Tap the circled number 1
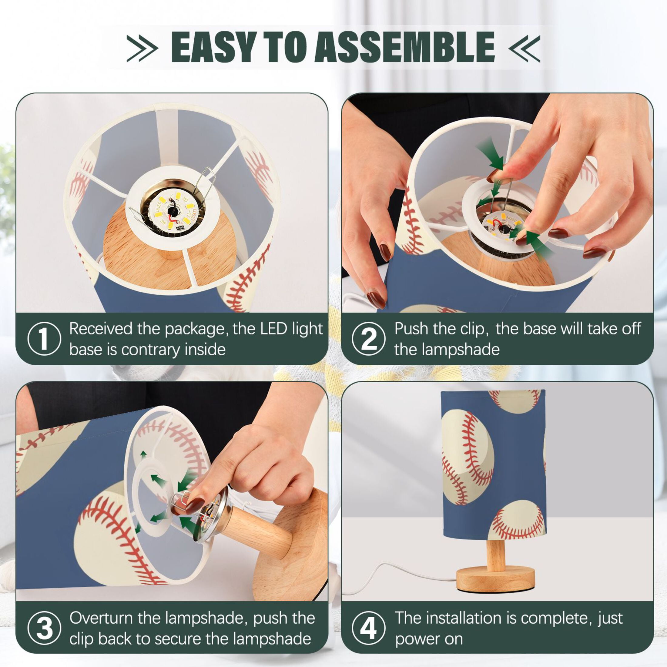[44, 338]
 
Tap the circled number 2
[369, 338]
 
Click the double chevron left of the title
[142, 48]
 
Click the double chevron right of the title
[525, 48]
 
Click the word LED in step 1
[274, 329]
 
